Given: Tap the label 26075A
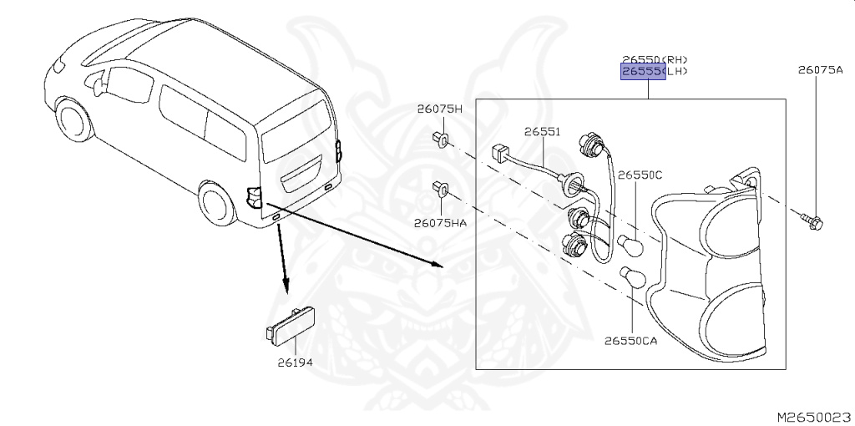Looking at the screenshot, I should pyautogui.click(x=819, y=70).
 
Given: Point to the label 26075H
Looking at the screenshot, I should pyautogui.click(x=439, y=109).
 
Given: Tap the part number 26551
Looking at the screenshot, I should pyautogui.click(x=542, y=132).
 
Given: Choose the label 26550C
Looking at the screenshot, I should pyautogui.click(x=640, y=175).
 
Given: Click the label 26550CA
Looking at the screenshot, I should pyautogui.click(x=630, y=341).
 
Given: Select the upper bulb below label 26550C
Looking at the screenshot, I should pyautogui.click(x=630, y=245).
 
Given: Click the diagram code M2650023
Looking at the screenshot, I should pyautogui.click(x=813, y=415).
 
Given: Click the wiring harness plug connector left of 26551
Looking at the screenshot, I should pyautogui.click(x=501, y=152).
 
